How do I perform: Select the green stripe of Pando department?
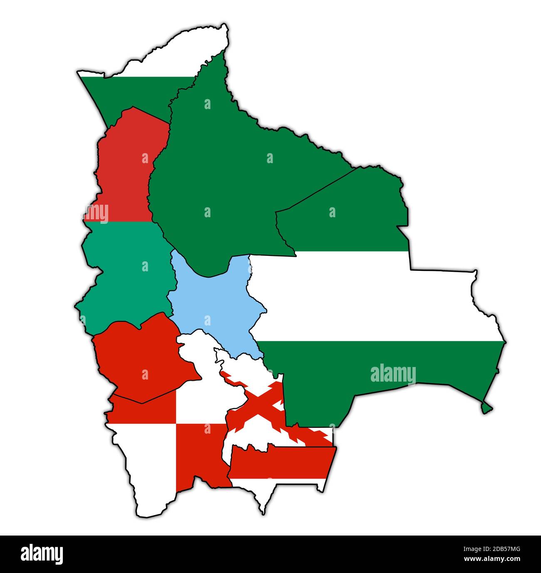tap(133, 92)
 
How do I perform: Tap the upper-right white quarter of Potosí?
tap(200, 399)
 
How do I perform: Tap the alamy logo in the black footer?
tap(42, 554)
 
